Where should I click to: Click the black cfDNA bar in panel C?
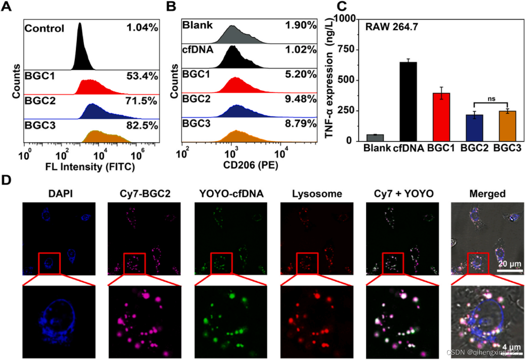coord(408,102)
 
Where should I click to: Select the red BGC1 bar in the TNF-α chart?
coord(441,117)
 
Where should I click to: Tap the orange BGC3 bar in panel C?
coord(508,126)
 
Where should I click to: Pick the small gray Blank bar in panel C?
coord(375,138)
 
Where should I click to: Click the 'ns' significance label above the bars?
coord(491,99)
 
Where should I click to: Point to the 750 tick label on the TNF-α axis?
coord(346,50)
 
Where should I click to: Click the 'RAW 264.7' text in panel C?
coord(392,27)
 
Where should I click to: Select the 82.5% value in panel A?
coord(142,126)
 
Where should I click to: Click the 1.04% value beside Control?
coord(142,28)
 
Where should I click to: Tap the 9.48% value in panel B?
coord(301,99)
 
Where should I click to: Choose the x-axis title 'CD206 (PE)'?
coord(251,165)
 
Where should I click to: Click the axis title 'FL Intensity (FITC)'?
coord(90,167)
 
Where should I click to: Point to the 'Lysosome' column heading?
coord(317,194)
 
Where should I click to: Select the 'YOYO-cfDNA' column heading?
coord(231,194)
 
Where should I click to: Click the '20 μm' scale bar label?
coord(509,264)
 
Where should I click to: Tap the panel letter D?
coord(6,180)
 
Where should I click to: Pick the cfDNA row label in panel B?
coord(197,50)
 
